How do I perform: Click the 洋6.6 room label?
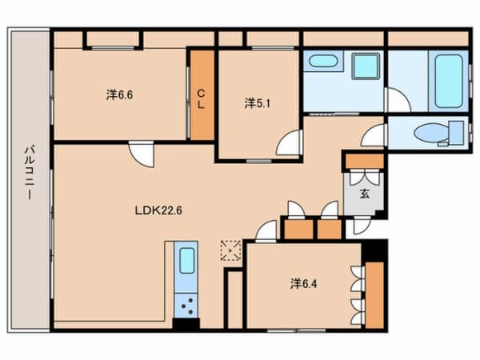coord(120,94)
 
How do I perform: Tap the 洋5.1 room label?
coord(257,102)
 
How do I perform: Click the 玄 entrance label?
coord(363,193)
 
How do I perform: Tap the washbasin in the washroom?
coord(324,61)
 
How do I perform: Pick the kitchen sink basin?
coord(186,261)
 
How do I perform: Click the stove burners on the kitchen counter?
coord(189,306)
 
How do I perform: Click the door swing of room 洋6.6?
coord(142,153)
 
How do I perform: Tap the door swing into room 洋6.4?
coord(266,232)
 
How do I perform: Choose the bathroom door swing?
coord(395,101)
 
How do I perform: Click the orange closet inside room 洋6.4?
coord(373,293)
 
